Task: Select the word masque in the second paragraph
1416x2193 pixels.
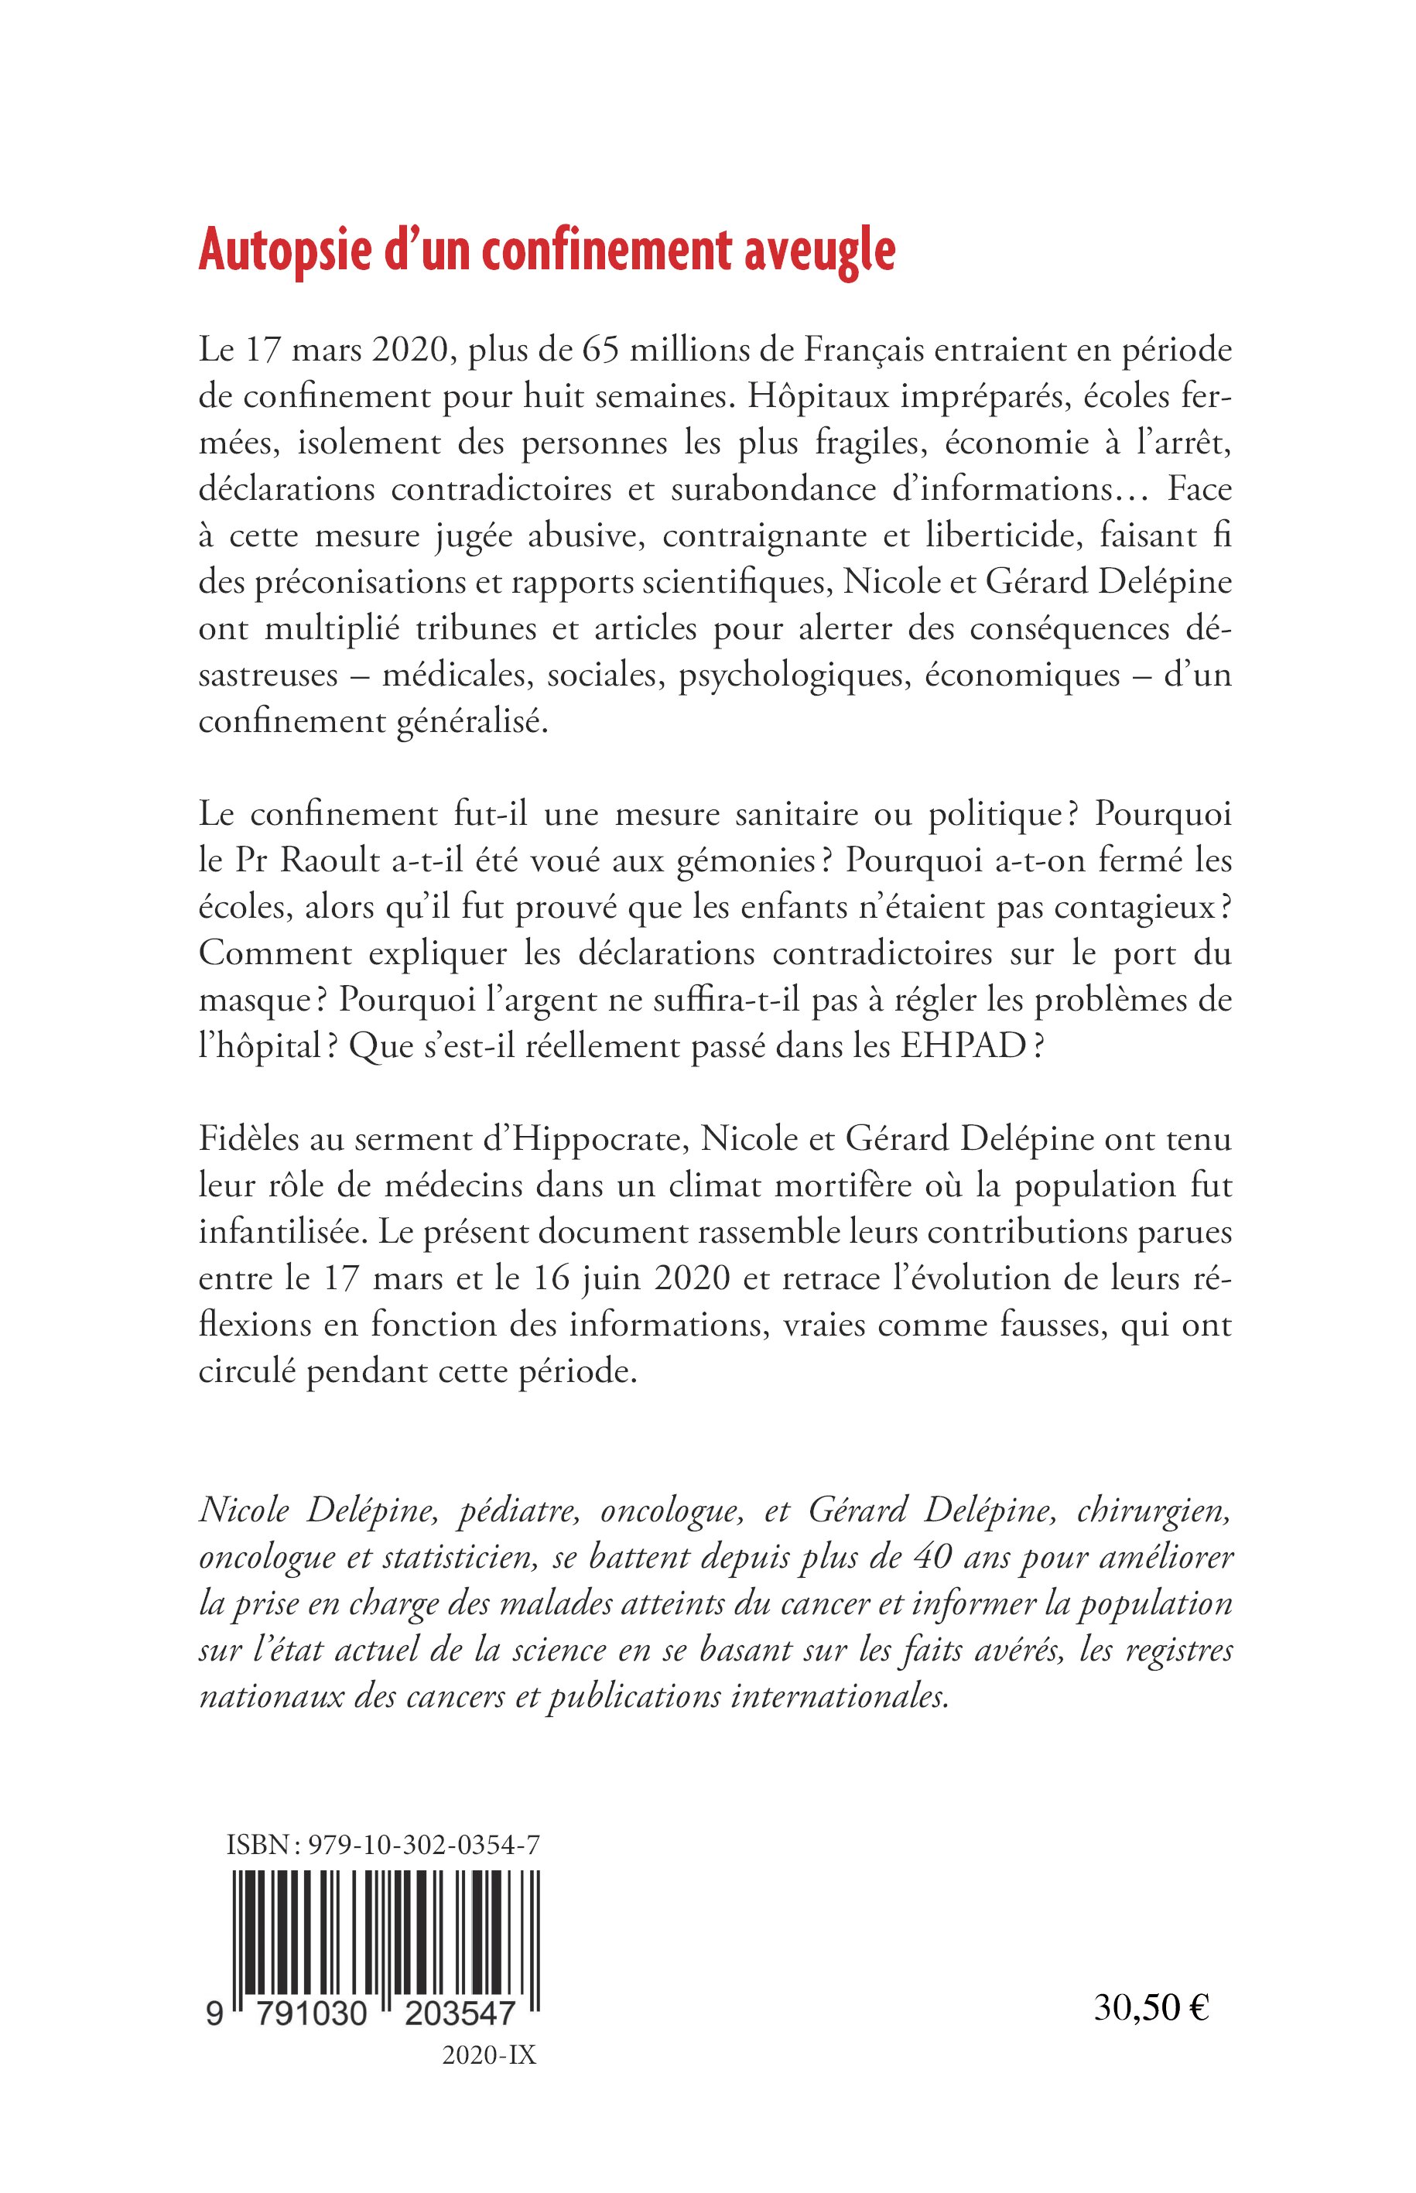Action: point(252,1001)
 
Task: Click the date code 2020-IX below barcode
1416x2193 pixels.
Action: point(488,2056)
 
